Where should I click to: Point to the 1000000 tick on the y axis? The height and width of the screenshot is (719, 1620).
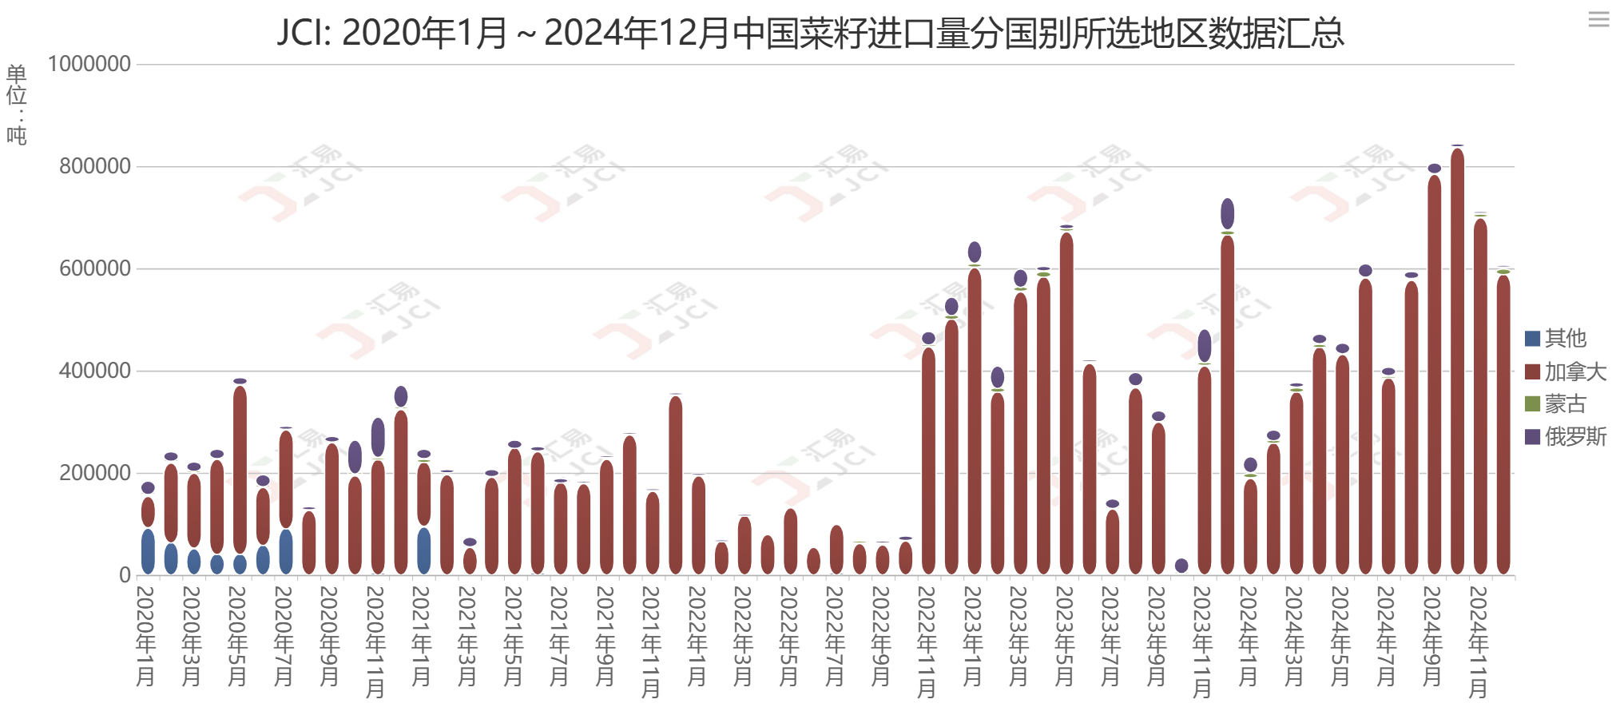(89, 65)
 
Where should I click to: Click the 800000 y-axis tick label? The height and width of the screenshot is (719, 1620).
(95, 167)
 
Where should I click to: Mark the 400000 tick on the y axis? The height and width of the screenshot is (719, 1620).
(95, 371)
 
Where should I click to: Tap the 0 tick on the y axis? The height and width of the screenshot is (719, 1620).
(125, 575)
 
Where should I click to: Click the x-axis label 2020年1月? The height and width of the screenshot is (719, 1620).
(146, 636)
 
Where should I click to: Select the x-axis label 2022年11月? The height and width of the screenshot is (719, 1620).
(927, 642)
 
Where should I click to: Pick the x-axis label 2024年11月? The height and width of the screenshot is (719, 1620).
(1479, 642)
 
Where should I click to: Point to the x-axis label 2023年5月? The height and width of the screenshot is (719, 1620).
(1065, 636)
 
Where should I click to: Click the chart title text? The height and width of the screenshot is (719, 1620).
(810, 34)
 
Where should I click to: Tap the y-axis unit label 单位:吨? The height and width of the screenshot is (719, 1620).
(17, 104)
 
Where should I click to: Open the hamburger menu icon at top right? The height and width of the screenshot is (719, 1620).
(1598, 19)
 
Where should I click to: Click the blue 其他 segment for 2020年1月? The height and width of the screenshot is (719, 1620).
(148, 551)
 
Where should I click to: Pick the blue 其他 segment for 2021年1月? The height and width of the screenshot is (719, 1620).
(423, 550)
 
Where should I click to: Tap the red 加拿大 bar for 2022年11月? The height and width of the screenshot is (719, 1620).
(928, 462)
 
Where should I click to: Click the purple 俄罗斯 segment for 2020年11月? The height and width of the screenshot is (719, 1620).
(378, 437)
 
